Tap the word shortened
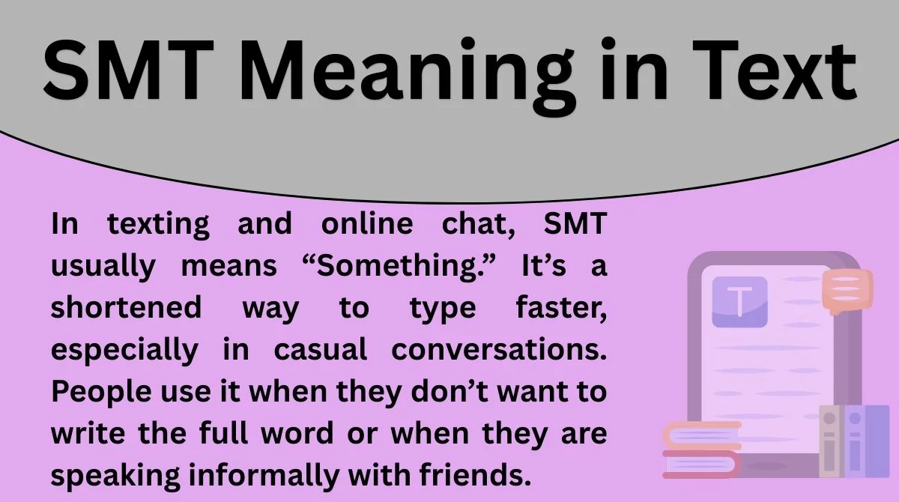127,308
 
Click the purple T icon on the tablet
739,301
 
